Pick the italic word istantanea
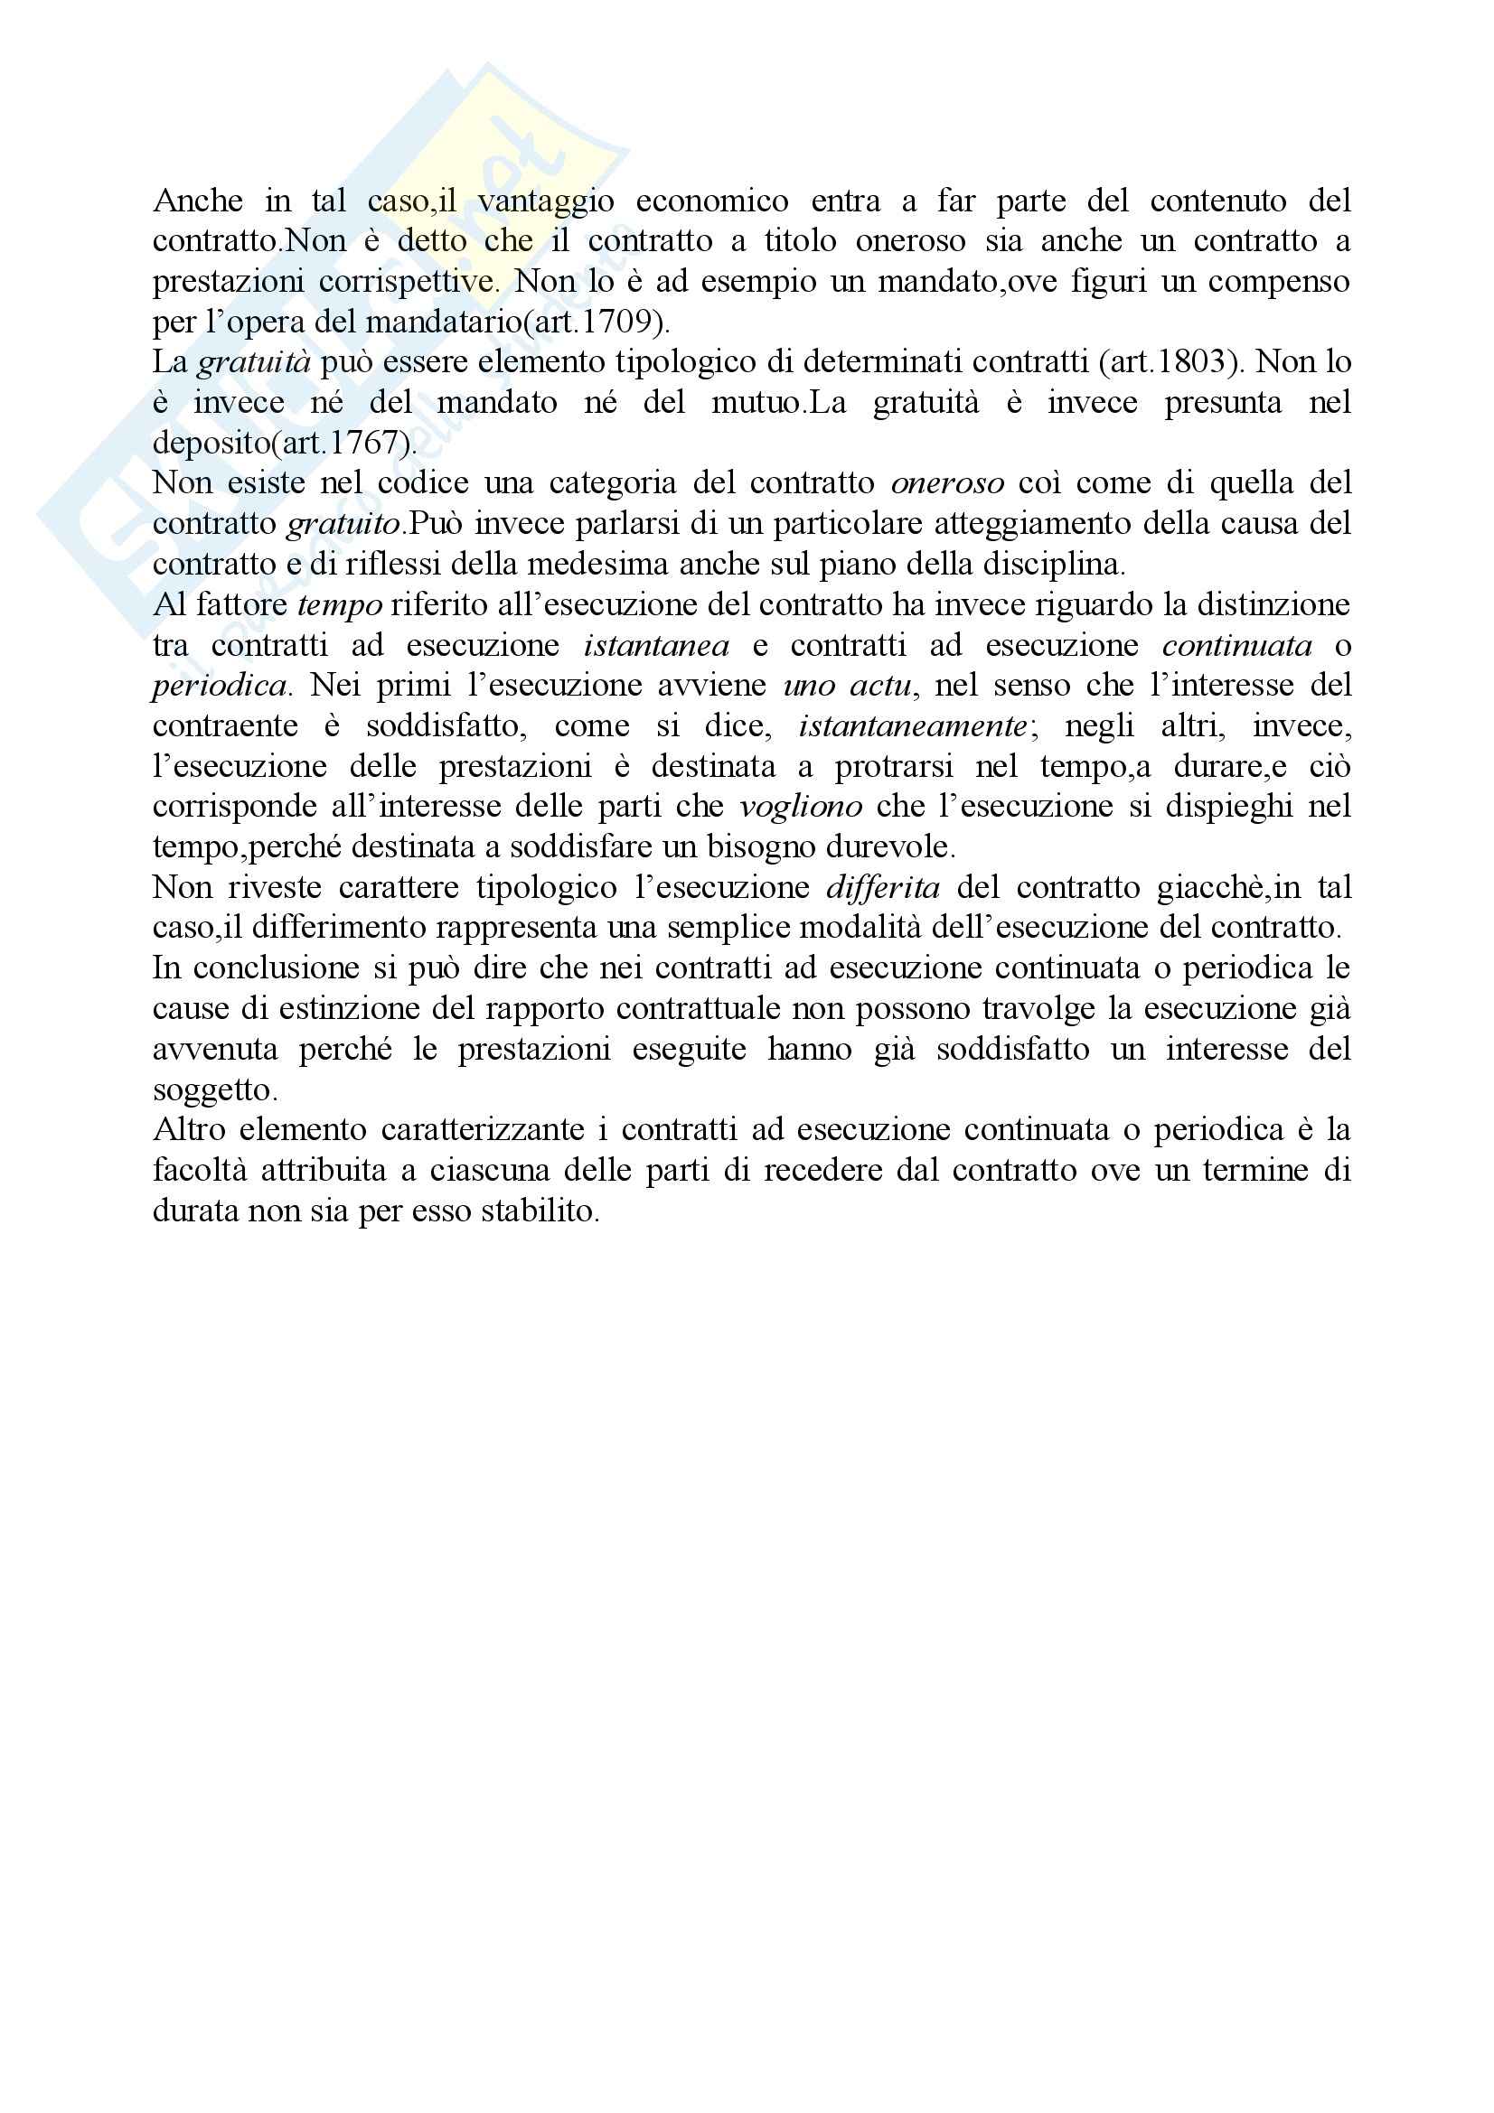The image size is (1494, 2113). click(x=656, y=645)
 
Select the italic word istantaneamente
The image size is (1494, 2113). click(x=912, y=726)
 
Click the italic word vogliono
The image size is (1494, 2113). click(x=801, y=807)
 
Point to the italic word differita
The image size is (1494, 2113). click(x=883, y=888)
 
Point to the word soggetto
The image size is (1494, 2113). click(x=214, y=1090)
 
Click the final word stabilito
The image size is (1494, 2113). click(x=540, y=1211)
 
